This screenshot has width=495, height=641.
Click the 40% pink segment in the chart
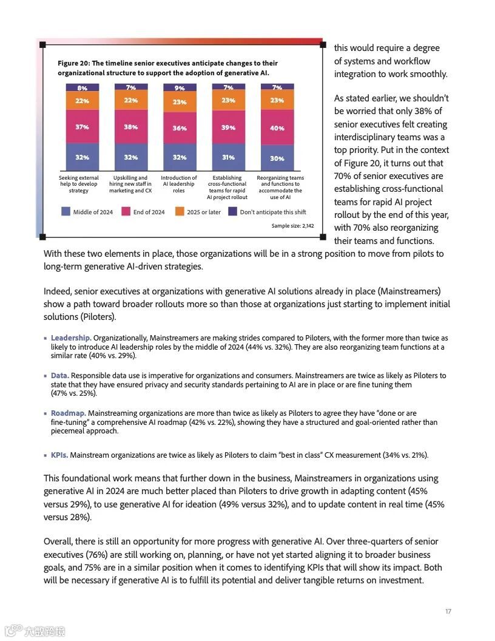(x=277, y=127)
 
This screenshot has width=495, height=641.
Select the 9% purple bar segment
(x=180, y=88)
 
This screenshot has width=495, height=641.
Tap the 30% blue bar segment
(x=277, y=158)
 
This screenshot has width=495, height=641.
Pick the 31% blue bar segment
(x=228, y=157)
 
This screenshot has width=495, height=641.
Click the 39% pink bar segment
(x=228, y=127)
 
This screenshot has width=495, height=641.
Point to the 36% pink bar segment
(x=180, y=127)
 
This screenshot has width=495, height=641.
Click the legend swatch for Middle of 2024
(x=66, y=212)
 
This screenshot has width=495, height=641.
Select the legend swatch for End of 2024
(x=126, y=212)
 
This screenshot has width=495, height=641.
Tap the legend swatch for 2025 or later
(x=180, y=212)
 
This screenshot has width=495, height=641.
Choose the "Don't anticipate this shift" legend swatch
(x=233, y=212)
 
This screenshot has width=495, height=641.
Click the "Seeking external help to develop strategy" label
(x=78, y=184)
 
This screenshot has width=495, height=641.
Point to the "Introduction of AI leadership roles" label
(x=179, y=184)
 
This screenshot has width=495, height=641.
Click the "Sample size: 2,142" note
(x=292, y=226)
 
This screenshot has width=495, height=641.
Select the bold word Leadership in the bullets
(x=71, y=337)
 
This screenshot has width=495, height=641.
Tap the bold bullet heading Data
(x=59, y=376)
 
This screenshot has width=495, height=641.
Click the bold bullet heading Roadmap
(x=67, y=413)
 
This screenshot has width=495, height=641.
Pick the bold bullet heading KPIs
(x=59, y=455)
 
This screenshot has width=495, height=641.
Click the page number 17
(x=448, y=611)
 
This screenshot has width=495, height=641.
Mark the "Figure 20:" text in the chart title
(x=73, y=63)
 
